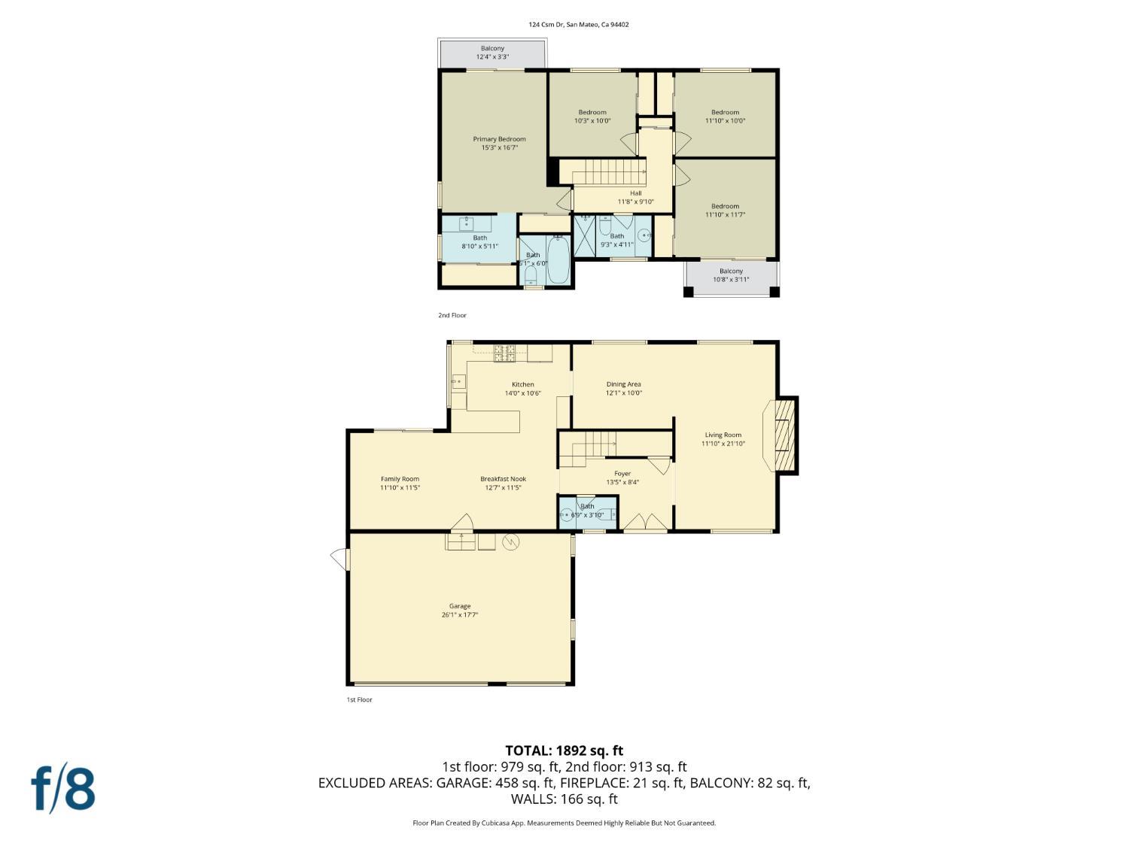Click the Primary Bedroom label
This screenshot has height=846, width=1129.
click(x=499, y=143)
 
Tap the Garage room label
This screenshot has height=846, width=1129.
click(x=460, y=610)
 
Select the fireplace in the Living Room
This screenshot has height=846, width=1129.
click(x=783, y=435)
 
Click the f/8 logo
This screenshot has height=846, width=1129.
click(x=63, y=788)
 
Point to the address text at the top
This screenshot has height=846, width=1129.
click(x=578, y=25)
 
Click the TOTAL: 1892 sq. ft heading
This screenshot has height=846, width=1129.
click(x=564, y=750)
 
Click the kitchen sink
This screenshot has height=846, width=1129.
click(x=458, y=382)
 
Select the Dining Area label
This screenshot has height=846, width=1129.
click(x=623, y=388)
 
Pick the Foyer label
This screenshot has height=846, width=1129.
click(x=622, y=478)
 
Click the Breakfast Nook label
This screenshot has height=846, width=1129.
click(x=503, y=483)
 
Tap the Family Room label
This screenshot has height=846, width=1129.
click(x=400, y=483)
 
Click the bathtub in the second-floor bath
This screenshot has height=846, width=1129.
click(x=558, y=259)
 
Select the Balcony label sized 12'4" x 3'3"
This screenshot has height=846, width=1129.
click(x=492, y=53)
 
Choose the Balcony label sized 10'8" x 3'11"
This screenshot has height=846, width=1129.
click(x=731, y=275)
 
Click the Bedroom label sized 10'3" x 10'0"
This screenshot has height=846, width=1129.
click(x=592, y=116)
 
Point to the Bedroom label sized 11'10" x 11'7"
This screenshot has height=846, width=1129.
click(x=725, y=210)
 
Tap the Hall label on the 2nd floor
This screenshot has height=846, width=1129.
click(x=636, y=197)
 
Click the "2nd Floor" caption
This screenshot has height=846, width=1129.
click(x=452, y=315)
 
